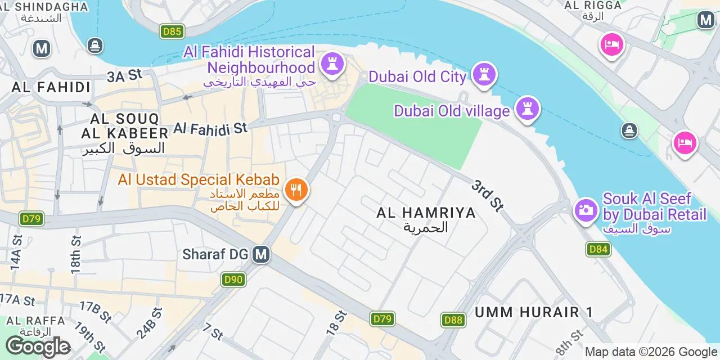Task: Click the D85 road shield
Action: tap(172, 31)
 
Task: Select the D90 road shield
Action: tap(233, 280)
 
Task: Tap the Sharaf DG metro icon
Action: tap(260, 254)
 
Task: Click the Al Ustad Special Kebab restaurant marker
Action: tap(296, 190)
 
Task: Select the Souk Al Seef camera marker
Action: tap(586, 210)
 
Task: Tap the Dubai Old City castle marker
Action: tap(484, 74)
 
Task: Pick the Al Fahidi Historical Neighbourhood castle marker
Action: tap(332, 63)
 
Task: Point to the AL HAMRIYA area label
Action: tap(426, 213)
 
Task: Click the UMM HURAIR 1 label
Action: tap(534, 312)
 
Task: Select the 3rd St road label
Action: tap(487, 196)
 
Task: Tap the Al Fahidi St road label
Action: tap(210, 128)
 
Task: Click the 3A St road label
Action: tap(125, 75)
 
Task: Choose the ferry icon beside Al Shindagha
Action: tap(95, 45)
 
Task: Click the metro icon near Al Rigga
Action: tap(705, 20)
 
